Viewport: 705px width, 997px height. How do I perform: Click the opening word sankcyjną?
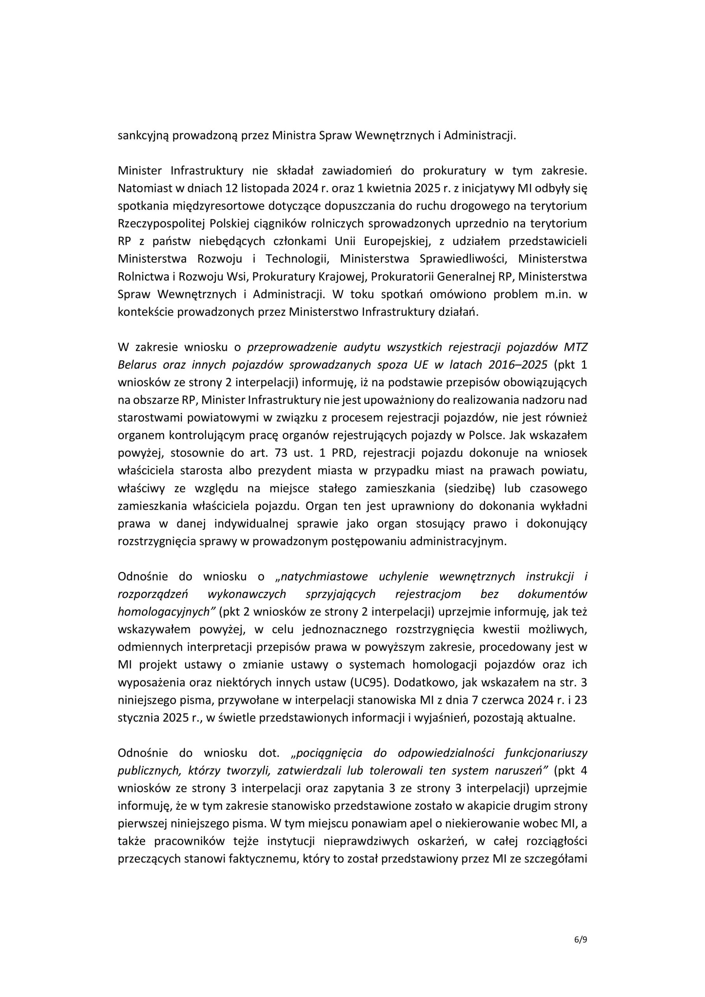[x=143, y=136]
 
